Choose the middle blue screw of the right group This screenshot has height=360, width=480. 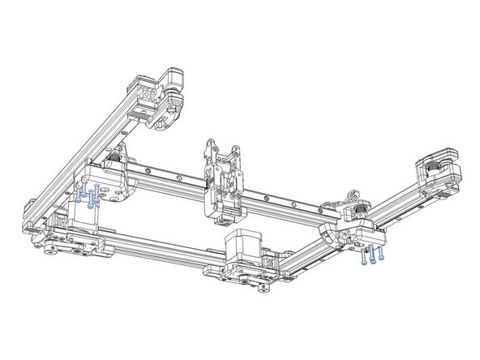(x=371, y=257)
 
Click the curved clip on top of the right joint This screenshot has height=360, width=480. (x=352, y=197)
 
